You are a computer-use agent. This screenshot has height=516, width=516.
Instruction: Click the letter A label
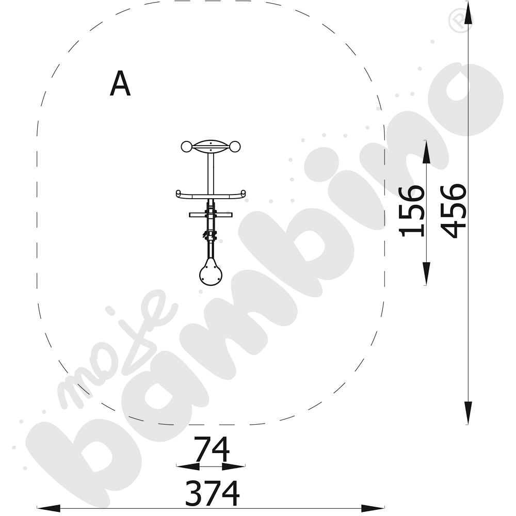click(120, 84)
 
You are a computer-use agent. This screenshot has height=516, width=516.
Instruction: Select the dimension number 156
click(411, 211)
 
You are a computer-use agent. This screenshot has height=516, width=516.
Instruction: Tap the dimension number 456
click(454, 211)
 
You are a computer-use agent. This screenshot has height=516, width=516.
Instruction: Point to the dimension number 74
click(211, 449)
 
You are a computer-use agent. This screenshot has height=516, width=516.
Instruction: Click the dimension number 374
click(212, 493)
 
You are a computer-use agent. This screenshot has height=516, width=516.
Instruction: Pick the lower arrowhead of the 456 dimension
click(468, 413)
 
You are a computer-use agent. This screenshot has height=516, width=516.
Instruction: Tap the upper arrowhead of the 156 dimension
click(426, 152)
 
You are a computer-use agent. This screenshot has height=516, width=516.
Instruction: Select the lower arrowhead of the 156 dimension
click(426, 273)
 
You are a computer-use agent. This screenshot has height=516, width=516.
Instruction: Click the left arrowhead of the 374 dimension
click(49, 508)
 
